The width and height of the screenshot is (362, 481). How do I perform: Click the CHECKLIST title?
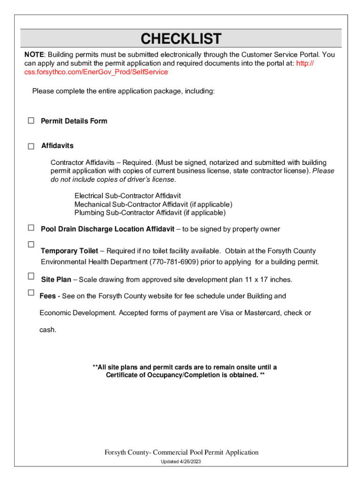coord(181,39)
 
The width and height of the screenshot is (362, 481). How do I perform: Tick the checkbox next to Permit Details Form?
coord(31,121)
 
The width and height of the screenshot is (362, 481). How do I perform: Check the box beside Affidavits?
coord(31,146)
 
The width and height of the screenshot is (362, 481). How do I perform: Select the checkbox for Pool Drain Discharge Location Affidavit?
coord(31,228)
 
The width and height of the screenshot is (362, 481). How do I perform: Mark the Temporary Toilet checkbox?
coord(31,244)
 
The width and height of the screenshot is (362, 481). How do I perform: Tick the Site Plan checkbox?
coord(31,276)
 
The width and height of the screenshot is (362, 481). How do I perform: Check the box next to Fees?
coord(31,292)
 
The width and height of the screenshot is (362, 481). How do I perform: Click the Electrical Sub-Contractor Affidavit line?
coord(127,195)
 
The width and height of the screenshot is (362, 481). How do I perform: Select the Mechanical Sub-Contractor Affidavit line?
coord(153,204)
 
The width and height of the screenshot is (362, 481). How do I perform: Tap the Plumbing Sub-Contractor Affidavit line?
coord(150,213)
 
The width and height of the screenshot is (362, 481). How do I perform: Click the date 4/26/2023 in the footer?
coord(190,462)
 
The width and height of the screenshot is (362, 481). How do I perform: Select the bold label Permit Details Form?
coord(74,121)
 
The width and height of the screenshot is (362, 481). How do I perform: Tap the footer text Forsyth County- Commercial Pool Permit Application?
coord(181,452)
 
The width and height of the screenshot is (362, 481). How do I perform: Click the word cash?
coord(47,330)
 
